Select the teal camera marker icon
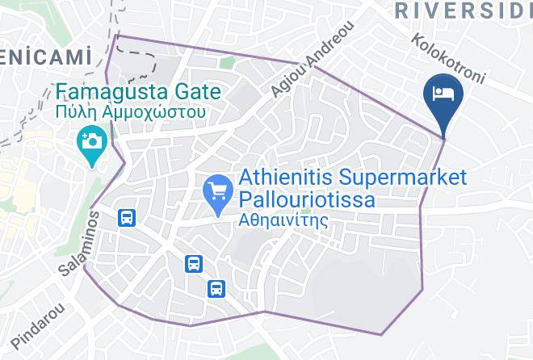pyautogui.click(x=91, y=144)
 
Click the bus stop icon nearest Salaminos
pyautogui.click(x=126, y=218)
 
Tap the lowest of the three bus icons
pyautogui.click(x=216, y=287)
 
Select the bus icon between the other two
pyautogui.click(x=194, y=263)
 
